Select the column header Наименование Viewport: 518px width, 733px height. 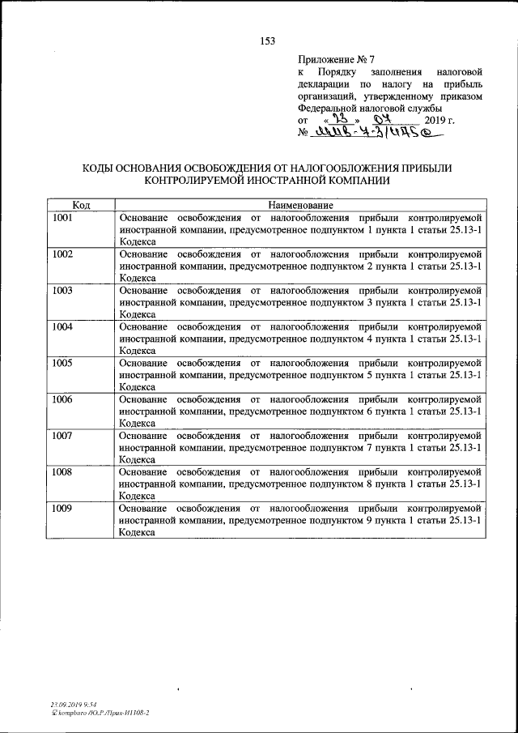pyautogui.click(x=299, y=206)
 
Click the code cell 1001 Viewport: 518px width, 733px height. pyautogui.click(x=62, y=218)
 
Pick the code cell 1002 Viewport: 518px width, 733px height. pyautogui.click(x=62, y=254)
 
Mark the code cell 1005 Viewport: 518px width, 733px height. pyautogui.click(x=62, y=363)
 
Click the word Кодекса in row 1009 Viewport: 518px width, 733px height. pyautogui.click(x=137, y=532)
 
